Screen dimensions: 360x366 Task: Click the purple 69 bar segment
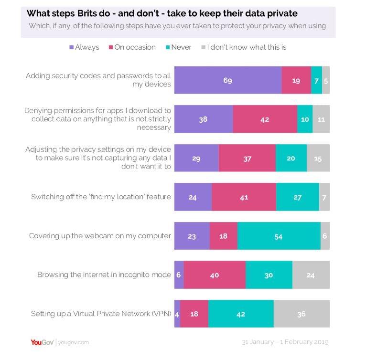click(227, 80)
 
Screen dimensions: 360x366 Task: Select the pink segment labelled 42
click(265, 119)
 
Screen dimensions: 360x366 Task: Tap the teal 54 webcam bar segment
click(279, 235)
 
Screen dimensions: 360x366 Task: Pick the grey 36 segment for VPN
click(301, 314)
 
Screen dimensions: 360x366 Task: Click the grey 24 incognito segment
click(311, 275)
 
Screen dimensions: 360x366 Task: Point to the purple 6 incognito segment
click(179, 275)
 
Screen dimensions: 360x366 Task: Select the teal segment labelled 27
click(297, 197)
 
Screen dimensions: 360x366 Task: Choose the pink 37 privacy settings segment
click(247, 158)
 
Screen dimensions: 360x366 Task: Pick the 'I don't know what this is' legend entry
click(243, 47)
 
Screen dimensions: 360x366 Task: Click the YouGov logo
click(42, 342)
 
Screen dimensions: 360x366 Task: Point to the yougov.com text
click(73, 342)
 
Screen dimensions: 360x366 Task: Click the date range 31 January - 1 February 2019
click(285, 342)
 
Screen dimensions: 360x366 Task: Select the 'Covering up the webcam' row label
click(100, 235)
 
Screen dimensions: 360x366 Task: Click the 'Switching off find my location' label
click(101, 197)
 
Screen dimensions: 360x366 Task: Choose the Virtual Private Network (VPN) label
click(101, 314)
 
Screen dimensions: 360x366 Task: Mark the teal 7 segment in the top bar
click(316, 80)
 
